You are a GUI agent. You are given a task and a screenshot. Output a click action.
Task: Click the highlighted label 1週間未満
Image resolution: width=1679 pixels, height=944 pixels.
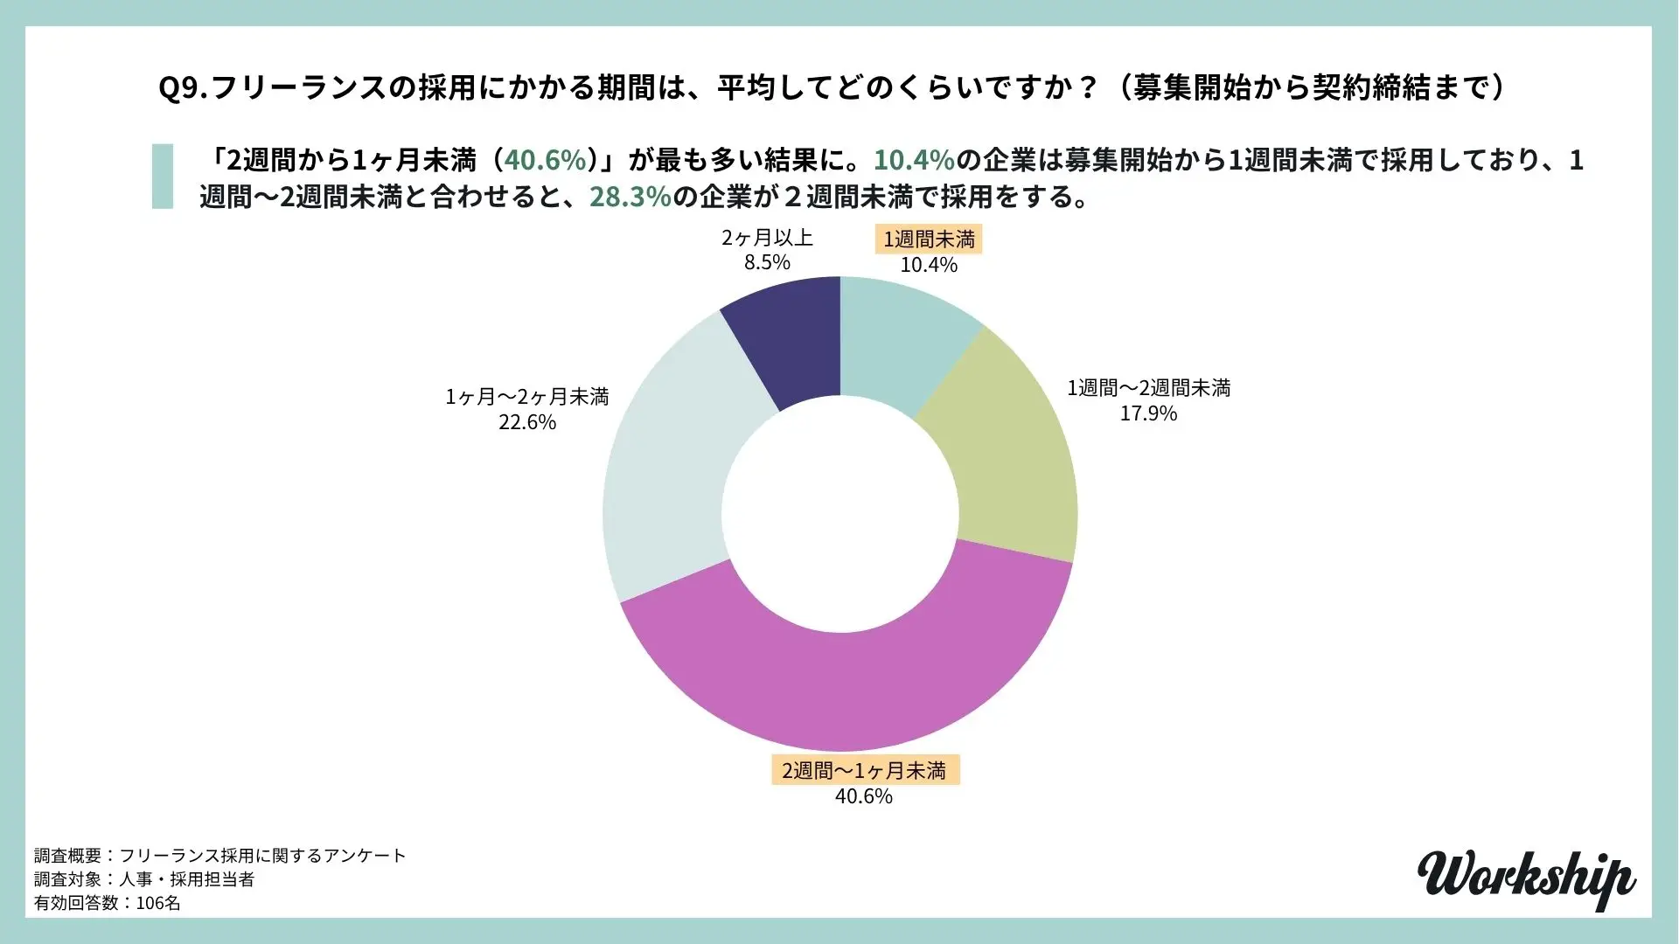929,239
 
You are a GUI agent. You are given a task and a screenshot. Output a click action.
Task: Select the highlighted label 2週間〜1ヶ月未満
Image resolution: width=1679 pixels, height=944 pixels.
864,771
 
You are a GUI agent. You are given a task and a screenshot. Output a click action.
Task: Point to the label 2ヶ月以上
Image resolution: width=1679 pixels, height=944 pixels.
767,238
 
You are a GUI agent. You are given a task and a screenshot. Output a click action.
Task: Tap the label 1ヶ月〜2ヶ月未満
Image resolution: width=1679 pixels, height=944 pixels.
526,397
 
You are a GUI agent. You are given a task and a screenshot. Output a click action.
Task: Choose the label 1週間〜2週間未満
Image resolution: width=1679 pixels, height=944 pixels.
1148,388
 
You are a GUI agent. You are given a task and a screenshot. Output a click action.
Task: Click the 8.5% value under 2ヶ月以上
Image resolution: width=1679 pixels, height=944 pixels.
767,262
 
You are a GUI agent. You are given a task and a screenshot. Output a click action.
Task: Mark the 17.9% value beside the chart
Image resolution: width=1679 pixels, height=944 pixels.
1148,413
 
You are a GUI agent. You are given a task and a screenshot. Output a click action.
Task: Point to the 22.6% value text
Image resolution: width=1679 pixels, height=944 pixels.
526,422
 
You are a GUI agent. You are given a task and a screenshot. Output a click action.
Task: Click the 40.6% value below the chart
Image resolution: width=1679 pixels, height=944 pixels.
864,796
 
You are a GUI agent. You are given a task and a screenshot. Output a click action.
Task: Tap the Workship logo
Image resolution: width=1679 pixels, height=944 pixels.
1526,877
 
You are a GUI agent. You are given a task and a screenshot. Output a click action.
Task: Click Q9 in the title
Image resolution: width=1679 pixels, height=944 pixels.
180,89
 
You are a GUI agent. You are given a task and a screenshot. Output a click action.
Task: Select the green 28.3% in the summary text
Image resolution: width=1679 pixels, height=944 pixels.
630,198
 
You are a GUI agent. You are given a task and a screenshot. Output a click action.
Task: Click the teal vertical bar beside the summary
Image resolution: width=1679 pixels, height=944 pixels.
163,177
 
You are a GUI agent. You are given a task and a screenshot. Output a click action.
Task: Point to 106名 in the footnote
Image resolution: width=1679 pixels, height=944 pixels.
158,903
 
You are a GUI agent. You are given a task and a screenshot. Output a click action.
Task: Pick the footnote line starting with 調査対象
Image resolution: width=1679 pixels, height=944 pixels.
144,879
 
